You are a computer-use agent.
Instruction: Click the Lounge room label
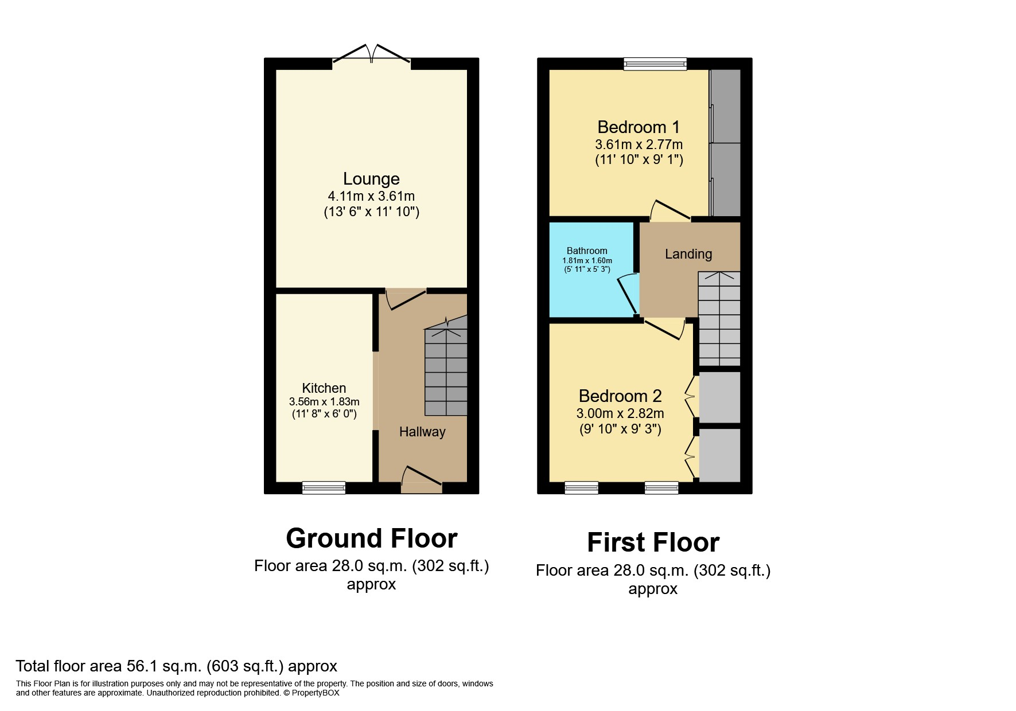pyautogui.click(x=371, y=179)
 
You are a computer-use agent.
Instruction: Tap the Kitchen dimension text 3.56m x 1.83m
pyautogui.click(x=324, y=402)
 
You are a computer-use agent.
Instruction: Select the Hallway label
pyautogui.click(x=422, y=432)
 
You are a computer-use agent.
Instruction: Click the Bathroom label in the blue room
pyautogui.click(x=587, y=251)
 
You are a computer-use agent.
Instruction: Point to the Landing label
pyautogui.click(x=688, y=254)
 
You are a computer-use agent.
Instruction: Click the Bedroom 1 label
pyautogui.click(x=639, y=127)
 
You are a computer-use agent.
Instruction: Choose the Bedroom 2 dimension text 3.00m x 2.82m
pyautogui.click(x=620, y=413)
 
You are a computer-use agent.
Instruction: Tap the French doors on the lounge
pyautogui.click(x=372, y=54)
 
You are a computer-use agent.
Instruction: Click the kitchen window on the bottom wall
pyautogui.click(x=324, y=488)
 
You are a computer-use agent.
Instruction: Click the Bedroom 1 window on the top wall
pyautogui.click(x=655, y=64)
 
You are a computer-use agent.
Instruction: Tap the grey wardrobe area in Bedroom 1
pyautogui.click(x=725, y=143)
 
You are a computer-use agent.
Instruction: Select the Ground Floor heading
pyautogui.click(x=371, y=538)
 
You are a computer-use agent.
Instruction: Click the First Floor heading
pyautogui.click(x=653, y=542)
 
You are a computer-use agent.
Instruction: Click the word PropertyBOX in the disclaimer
pyautogui.click(x=316, y=693)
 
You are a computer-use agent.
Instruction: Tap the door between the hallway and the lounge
pyautogui.click(x=406, y=299)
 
